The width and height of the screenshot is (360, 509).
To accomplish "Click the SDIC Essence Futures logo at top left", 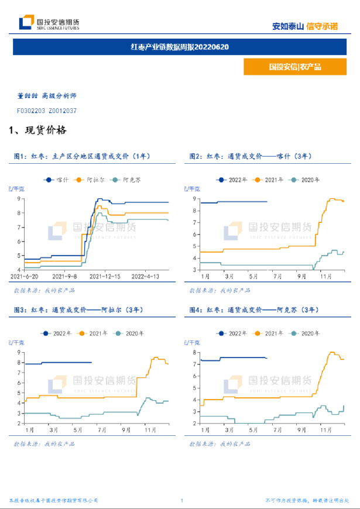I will [x=49, y=23].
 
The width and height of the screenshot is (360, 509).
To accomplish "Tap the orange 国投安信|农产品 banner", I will [x=295, y=67].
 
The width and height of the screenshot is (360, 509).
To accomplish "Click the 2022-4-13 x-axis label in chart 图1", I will [x=146, y=276].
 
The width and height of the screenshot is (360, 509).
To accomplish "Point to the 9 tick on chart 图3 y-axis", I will [x=19, y=352].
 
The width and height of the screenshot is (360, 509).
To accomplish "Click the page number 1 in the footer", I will [x=182, y=501].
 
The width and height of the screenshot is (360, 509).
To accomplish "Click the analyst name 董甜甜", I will [x=27, y=95].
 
